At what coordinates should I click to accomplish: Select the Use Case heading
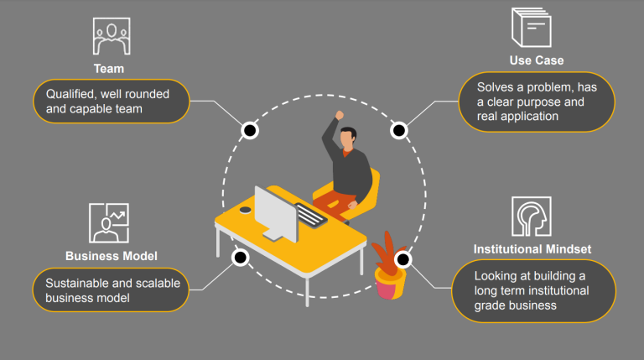[536, 60]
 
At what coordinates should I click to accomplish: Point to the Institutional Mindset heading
[532, 249]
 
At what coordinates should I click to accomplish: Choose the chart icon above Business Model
[109, 222]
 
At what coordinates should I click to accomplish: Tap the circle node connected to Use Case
[399, 130]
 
